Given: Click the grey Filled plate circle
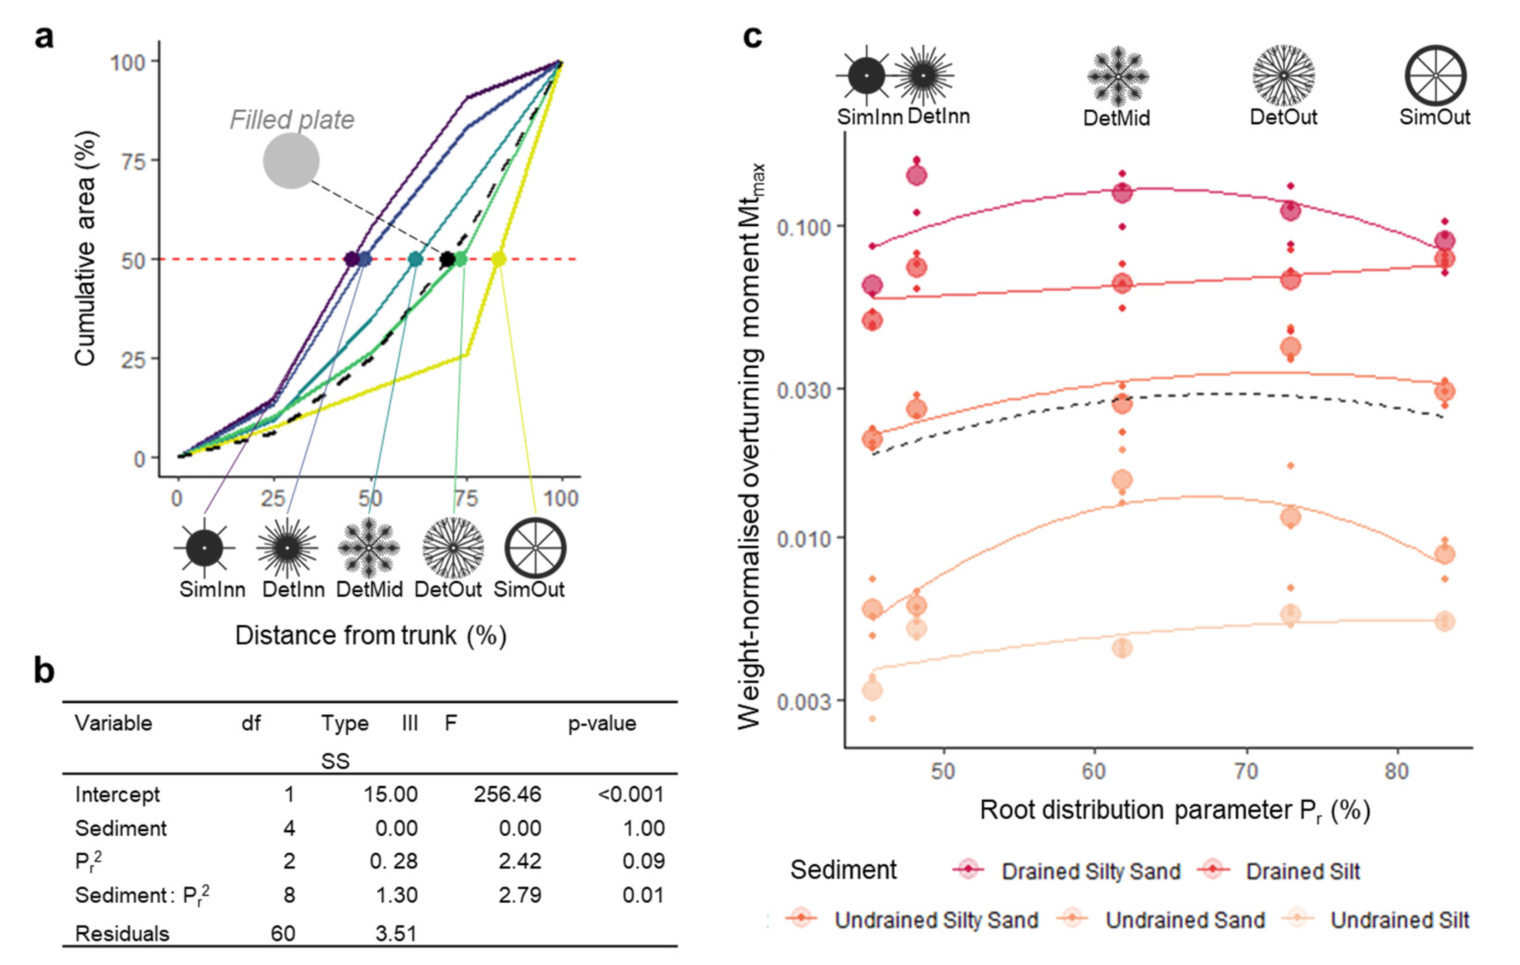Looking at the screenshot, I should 291,161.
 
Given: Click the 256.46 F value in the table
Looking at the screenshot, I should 507,794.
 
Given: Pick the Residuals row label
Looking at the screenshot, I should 122,933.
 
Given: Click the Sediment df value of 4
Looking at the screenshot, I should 289,828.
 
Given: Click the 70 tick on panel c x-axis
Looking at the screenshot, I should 1246,771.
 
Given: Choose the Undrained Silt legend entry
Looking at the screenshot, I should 1399,920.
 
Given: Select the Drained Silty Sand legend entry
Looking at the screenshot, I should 1090,871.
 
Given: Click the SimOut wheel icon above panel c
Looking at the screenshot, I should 1435,76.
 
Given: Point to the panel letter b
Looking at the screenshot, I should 44,670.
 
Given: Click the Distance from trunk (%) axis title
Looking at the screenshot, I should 370,635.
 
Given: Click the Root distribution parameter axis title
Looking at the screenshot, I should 1174,811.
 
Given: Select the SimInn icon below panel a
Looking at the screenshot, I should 204,548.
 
